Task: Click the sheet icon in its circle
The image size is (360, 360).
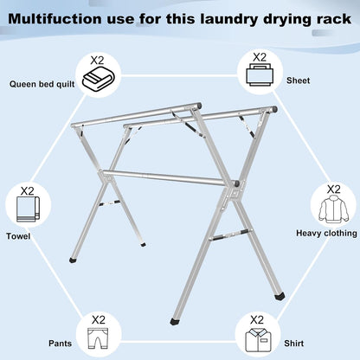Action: (259, 78)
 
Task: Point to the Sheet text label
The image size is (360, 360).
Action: (298, 80)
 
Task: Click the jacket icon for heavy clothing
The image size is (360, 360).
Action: (333, 209)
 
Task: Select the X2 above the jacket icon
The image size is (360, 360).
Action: (333, 190)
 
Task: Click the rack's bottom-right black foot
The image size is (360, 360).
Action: (281, 295)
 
